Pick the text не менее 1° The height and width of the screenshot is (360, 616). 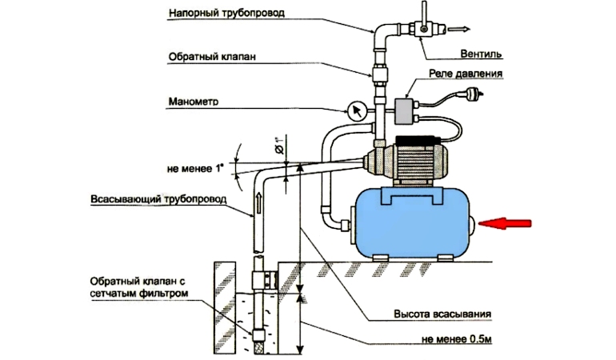pos(195,169)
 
